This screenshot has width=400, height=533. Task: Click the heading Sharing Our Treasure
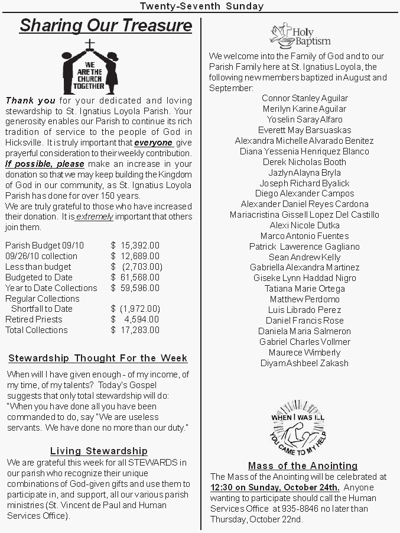[x=106, y=26]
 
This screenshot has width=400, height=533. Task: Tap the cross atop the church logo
[x=90, y=44]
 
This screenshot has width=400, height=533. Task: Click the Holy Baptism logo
[x=300, y=35]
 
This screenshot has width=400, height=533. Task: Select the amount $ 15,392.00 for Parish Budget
[x=135, y=245]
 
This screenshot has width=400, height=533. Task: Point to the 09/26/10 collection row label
[x=41, y=256]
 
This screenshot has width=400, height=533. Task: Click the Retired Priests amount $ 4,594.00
[x=135, y=319]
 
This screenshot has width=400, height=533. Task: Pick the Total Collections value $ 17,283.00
[x=135, y=330]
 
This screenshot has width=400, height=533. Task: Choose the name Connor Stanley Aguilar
[x=305, y=98]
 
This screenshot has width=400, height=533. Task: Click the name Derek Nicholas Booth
[x=305, y=162]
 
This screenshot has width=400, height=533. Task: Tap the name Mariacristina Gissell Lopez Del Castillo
[x=305, y=215]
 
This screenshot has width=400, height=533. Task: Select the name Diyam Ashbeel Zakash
[x=305, y=363]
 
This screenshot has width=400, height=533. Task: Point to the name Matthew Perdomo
[x=305, y=299]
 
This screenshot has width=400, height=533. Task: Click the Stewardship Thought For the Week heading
[x=98, y=358]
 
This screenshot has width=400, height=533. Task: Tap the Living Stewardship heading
[x=99, y=451]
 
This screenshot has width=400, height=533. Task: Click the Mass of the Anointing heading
[x=303, y=466]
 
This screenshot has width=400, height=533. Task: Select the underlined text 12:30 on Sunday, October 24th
[x=275, y=487]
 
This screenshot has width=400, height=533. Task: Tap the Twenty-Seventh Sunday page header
[x=201, y=6]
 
